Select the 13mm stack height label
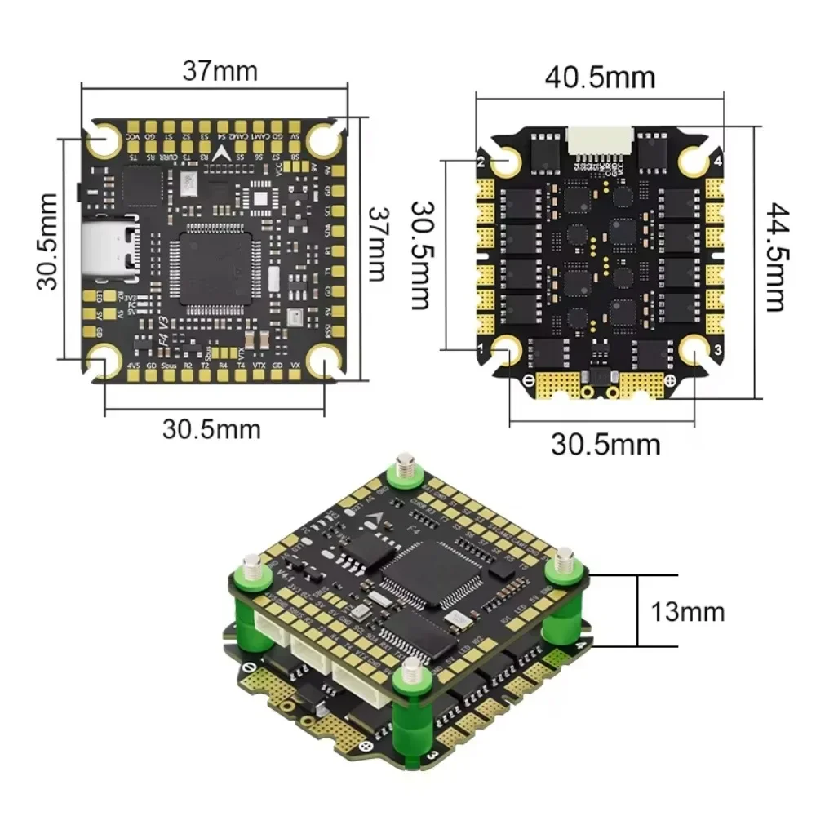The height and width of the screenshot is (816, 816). click(x=687, y=611)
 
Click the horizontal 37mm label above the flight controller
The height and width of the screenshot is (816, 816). click(x=219, y=71)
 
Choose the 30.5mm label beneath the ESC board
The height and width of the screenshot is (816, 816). click(x=605, y=445)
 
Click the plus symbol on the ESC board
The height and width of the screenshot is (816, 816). click(x=670, y=381)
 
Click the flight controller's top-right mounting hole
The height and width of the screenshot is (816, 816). click(x=325, y=140)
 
